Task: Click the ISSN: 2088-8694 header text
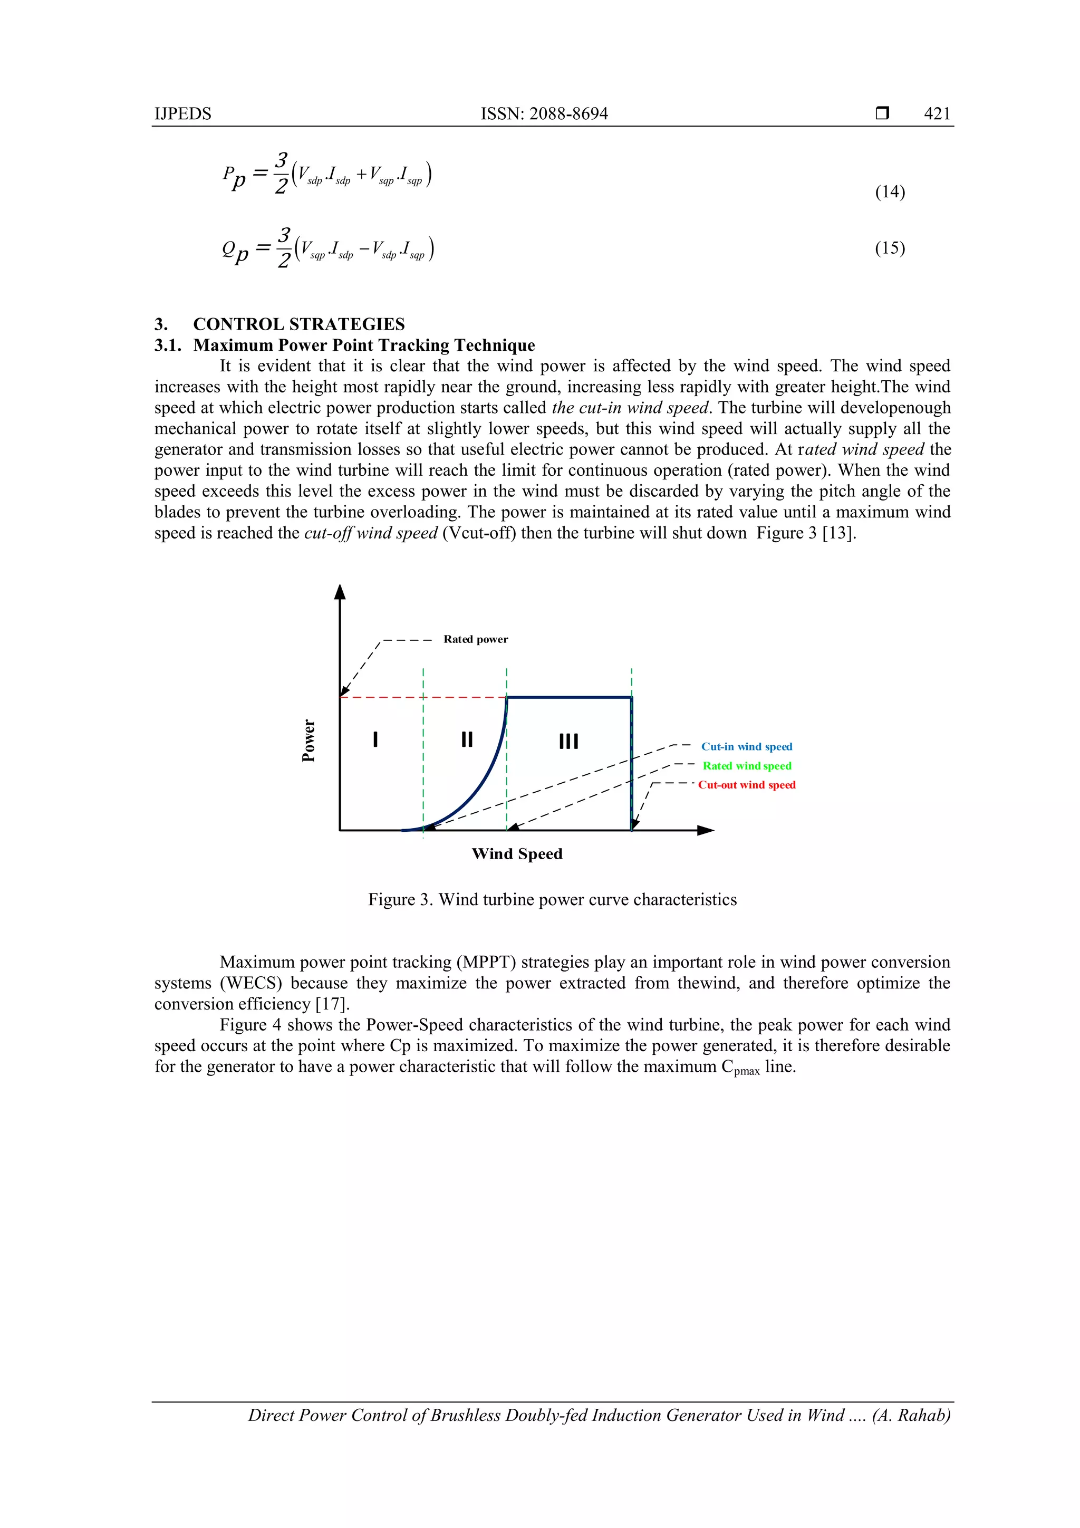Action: [x=544, y=114]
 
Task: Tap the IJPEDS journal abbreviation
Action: [x=182, y=114]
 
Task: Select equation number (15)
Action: [x=890, y=248]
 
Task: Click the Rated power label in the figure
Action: [x=475, y=640]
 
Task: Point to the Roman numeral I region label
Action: [x=376, y=739]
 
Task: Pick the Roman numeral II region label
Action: [x=467, y=739]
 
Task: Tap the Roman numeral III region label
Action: [x=568, y=741]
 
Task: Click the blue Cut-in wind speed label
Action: [x=746, y=747]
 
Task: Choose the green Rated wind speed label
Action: [x=747, y=766]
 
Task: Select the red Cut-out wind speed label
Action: [x=747, y=785]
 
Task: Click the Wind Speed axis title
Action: [x=517, y=854]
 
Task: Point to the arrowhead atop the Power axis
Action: [x=340, y=592]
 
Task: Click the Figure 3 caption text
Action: [x=552, y=900]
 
